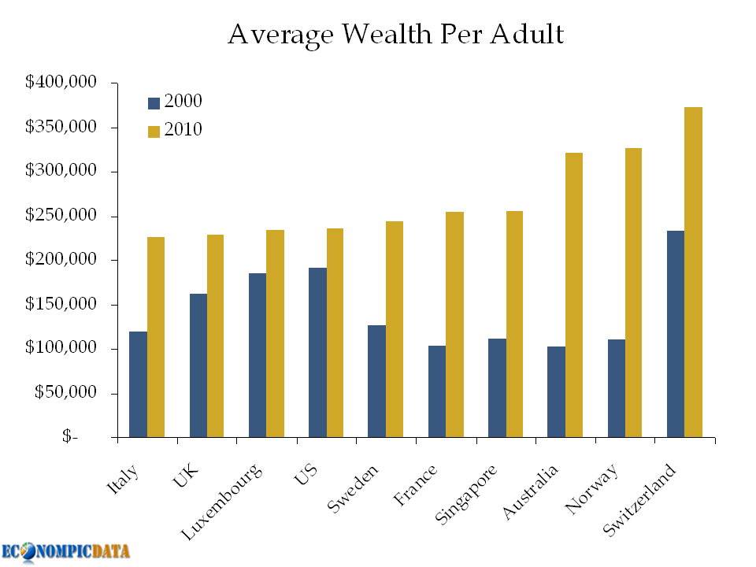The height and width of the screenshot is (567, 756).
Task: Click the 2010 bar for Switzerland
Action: (x=693, y=272)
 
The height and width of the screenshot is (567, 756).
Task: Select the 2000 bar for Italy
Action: (x=138, y=384)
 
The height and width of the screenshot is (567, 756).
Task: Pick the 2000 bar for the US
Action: (x=317, y=352)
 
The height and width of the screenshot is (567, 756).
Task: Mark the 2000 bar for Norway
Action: (x=615, y=387)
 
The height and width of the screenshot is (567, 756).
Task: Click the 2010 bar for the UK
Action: (x=215, y=335)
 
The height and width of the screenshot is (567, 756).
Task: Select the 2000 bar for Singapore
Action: (x=497, y=387)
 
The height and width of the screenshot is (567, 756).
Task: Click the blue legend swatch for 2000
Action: (x=154, y=102)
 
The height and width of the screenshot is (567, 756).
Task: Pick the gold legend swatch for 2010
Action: (x=154, y=131)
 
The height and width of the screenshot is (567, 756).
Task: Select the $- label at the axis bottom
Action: (x=71, y=437)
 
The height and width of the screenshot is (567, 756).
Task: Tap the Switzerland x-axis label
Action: (x=639, y=501)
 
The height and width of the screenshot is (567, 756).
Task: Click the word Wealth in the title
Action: (x=381, y=35)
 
